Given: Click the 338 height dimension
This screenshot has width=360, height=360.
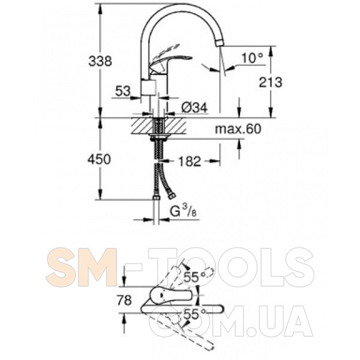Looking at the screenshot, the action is click(x=100, y=61).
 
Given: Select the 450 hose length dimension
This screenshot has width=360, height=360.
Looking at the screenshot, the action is click(x=99, y=159).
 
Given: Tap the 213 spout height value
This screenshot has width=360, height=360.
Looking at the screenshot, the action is click(x=271, y=82).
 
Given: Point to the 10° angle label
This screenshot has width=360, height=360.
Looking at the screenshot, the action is click(x=252, y=58).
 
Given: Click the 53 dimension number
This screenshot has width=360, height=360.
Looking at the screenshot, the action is click(x=123, y=91).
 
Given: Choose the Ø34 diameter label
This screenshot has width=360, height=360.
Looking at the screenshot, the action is click(x=194, y=107).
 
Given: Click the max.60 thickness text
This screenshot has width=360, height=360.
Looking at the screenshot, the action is click(x=238, y=129).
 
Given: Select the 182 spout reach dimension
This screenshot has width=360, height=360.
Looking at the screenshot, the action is click(x=190, y=161).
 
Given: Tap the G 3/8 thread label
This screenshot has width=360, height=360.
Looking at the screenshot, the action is click(x=184, y=211).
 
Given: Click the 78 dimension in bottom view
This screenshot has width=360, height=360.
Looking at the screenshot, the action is click(x=124, y=300).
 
